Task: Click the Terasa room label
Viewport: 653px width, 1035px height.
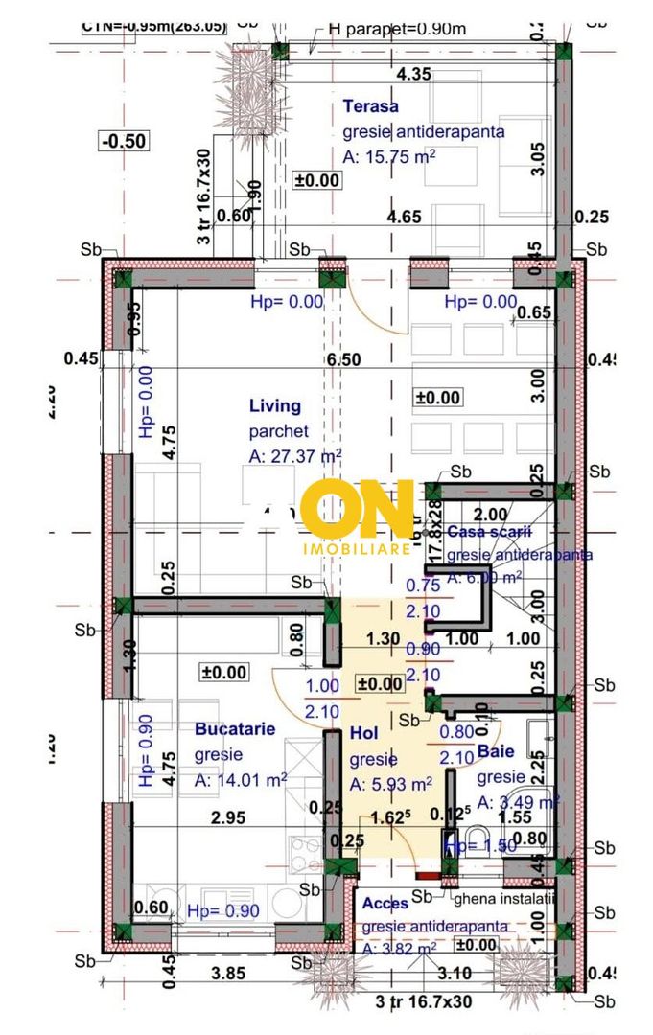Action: (x=370, y=106)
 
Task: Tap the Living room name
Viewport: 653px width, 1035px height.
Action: (x=274, y=406)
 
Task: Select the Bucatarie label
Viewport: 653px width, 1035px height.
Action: (x=235, y=729)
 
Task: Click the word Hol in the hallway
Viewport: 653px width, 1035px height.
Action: (x=363, y=733)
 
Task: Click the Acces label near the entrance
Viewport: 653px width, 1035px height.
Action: (x=385, y=903)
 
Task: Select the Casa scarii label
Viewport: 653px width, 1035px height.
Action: (x=490, y=531)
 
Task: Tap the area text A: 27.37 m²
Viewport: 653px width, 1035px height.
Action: (x=295, y=457)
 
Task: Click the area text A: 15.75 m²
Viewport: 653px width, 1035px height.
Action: (x=389, y=157)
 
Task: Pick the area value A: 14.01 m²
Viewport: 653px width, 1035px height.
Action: (x=241, y=781)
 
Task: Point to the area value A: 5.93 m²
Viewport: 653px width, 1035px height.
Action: (x=390, y=784)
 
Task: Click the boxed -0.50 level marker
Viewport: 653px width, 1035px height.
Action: (x=124, y=141)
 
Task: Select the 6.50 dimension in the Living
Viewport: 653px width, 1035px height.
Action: (x=343, y=359)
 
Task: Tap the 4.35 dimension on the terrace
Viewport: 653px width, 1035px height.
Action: (x=413, y=73)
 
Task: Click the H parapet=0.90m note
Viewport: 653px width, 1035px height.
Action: (x=397, y=28)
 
